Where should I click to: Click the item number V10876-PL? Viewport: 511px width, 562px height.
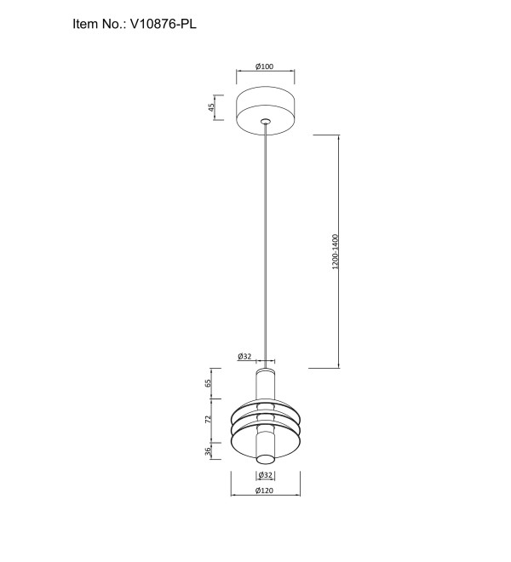click(164, 24)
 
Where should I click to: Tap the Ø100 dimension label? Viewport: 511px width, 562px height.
click(264, 66)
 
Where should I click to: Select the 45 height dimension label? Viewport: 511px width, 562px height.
click(211, 107)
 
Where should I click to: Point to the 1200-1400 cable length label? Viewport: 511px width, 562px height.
click(335, 251)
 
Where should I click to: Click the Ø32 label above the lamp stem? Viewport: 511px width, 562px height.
click(244, 356)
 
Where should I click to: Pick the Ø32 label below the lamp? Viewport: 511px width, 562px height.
click(266, 475)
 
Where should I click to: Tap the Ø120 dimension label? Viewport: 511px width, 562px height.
click(264, 490)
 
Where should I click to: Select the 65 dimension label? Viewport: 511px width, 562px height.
click(208, 383)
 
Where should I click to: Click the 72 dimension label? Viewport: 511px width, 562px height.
click(208, 419)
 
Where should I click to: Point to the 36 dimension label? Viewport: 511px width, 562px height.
click(208, 451)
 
